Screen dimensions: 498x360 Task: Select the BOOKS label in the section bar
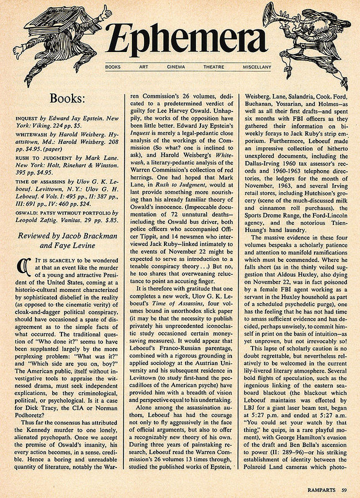pos(112,67)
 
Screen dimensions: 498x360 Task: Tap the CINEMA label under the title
pos(176,67)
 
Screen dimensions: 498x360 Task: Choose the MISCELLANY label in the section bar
pos(256,67)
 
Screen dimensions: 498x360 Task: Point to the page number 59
pos(344,489)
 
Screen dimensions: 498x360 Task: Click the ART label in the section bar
pos(143,67)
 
